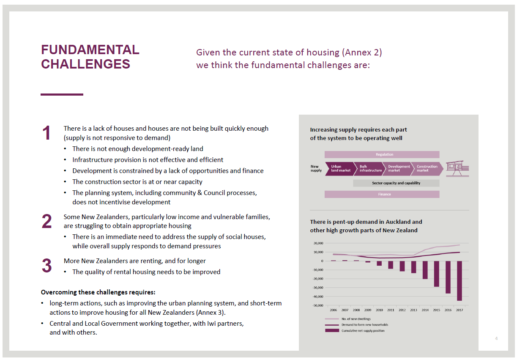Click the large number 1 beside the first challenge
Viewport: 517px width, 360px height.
tap(47, 133)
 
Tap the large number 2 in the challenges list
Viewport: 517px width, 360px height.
tap(47, 222)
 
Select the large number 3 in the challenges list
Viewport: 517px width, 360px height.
tap(47, 266)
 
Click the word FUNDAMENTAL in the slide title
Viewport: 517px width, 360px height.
tap(90, 50)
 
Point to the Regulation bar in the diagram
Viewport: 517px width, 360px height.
tap(382, 155)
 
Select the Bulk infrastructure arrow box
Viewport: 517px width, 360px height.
tap(369, 168)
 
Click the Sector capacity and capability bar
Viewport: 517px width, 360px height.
tap(396, 183)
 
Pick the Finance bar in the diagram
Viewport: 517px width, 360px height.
tap(382, 195)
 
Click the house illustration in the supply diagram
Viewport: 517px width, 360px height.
tap(458, 168)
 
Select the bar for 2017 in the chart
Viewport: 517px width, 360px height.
tap(460, 280)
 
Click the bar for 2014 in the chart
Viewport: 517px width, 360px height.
tap(425, 270)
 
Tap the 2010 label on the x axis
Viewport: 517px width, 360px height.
tap(379, 310)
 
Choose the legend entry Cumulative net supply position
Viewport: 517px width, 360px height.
tap(363, 331)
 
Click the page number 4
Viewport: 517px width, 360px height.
tap(496, 338)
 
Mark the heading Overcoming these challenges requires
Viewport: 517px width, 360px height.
tap(98, 292)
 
